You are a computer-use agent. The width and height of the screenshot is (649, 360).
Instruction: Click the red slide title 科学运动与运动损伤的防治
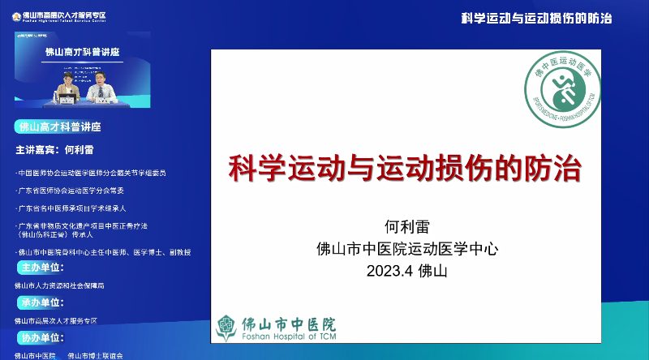(x=405, y=169)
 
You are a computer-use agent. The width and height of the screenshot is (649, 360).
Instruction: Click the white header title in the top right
(x=536, y=18)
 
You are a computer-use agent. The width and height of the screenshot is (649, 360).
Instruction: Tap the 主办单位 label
(x=41, y=268)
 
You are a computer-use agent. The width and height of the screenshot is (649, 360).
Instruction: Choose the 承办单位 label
(x=41, y=302)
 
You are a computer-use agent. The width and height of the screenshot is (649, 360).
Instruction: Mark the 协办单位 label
(x=41, y=337)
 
